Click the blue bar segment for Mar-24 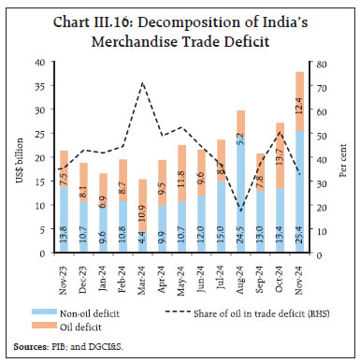142,240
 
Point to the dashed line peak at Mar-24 142,83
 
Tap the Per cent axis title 342,157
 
